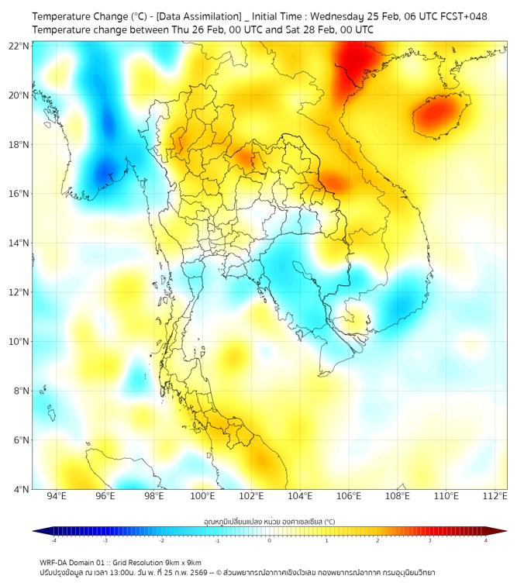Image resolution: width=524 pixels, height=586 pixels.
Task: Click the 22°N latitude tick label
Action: point(19,47)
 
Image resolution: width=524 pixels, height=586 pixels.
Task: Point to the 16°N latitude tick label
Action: point(19,194)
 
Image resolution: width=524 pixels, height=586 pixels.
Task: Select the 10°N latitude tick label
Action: point(19,342)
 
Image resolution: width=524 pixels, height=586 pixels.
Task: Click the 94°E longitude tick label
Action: point(57,496)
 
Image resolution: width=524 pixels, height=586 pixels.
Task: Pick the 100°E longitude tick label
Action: point(202,496)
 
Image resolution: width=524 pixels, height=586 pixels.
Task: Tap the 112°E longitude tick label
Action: point(495,496)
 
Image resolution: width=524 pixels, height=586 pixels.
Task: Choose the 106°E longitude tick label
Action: point(349,496)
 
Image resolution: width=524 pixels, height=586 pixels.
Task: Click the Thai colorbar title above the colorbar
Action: point(269,522)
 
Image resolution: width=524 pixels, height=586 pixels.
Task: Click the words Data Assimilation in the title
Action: point(198,16)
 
